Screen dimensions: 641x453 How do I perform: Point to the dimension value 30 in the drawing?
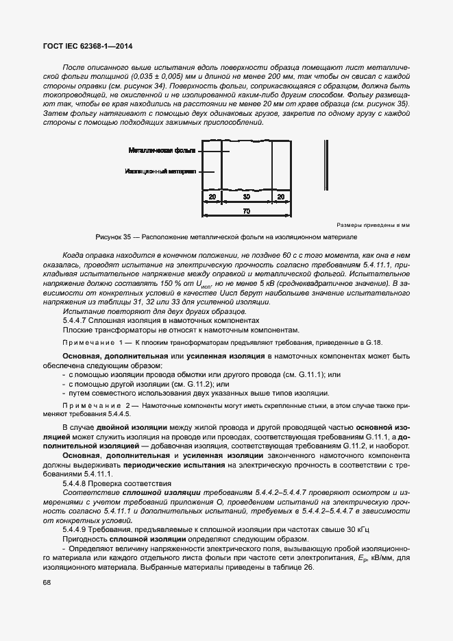click(x=246, y=197)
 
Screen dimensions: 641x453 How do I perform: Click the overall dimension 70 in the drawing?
click(x=246, y=210)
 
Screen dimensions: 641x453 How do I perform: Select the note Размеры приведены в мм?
click(x=373, y=225)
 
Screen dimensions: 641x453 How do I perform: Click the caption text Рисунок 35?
click(x=112, y=237)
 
